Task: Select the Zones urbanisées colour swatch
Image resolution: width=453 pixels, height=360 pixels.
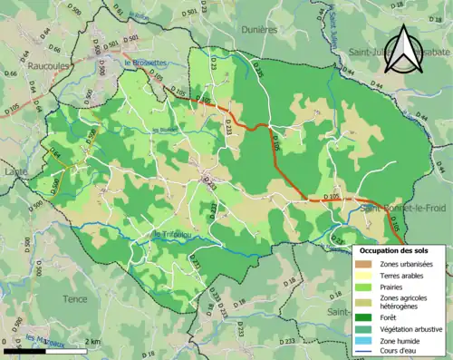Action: (x=365, y=264)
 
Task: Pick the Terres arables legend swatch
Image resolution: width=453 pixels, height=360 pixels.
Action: (x=365, y=276)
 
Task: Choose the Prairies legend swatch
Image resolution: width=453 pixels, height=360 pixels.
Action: (x=365, y=287)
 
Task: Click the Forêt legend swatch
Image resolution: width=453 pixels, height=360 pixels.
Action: (x=365, y=316)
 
